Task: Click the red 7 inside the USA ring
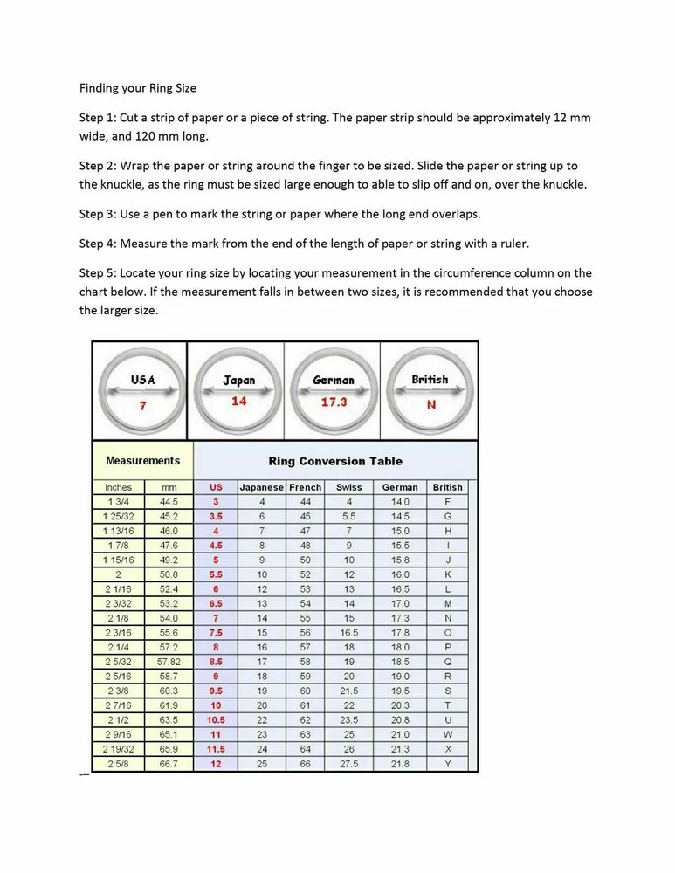point(142,406)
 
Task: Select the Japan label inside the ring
point(238,381)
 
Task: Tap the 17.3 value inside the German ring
point(334,402)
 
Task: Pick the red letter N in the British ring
point(430,404)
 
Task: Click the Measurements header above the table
point(142,461)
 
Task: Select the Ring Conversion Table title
point(334,461)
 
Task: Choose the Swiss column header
point(348,487)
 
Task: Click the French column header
point(306,487)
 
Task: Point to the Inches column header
point(118,487)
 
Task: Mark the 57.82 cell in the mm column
point(169,663)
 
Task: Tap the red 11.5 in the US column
point(216,749)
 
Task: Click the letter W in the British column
point(448,735)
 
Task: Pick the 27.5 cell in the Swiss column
point(348,764)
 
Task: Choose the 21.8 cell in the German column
point(400,764)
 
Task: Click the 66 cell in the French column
point(306,764)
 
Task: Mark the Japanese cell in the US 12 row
point(262,764)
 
